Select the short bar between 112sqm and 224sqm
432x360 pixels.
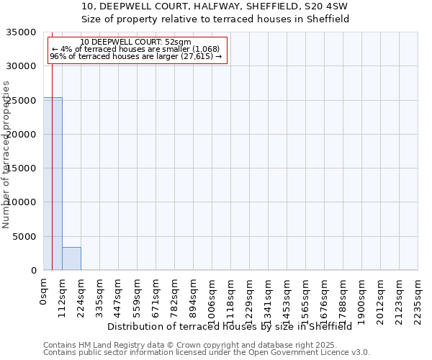[71, 258]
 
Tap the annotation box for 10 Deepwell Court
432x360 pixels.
[137, 50]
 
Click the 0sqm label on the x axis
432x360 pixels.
[44, 291]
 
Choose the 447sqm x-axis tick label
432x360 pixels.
[119, 296]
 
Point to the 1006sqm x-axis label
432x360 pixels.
[212, 298]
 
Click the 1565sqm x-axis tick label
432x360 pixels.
[306, 298]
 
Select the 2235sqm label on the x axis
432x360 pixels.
[418, 298]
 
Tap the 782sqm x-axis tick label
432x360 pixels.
[175, 296]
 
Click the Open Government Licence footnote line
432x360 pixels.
[207, 353]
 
